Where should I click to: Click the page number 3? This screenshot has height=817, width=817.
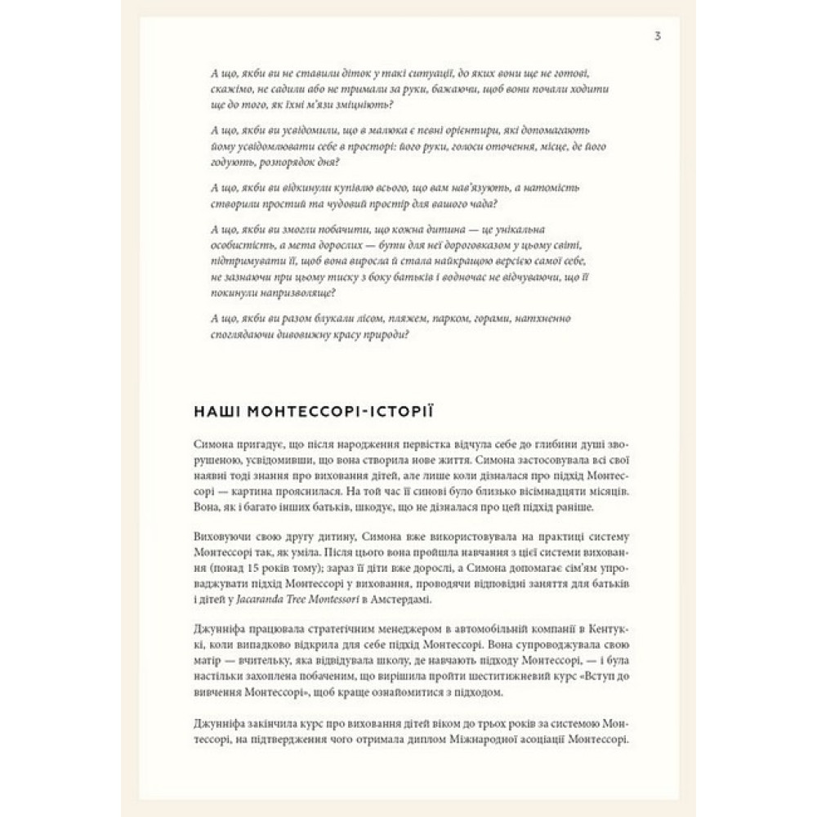659,36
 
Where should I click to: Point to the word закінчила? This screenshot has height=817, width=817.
266,724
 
